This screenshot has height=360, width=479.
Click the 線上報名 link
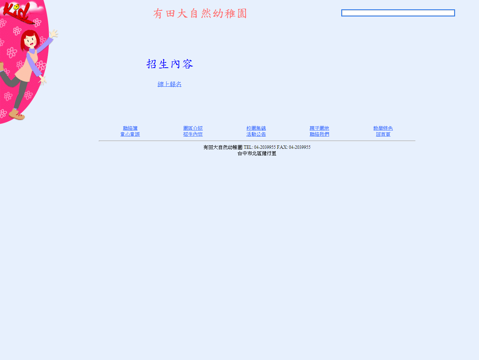pos(170,84)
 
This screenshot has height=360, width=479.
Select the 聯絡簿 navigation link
pos(130,128)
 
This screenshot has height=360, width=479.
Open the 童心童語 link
pos(130,134)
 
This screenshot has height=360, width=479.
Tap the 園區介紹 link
pos(193,128)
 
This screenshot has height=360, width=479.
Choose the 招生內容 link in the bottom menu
pos(193,134)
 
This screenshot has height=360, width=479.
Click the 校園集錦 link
pos(256,128)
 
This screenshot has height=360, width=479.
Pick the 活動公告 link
pos(256,134)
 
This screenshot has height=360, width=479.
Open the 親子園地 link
pos(319,128)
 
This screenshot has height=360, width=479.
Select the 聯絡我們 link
pos(319,134)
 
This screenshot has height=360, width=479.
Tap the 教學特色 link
pos(383,128)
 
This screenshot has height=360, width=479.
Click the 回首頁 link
pos(383,134)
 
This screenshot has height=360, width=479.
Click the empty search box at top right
pos(398,13)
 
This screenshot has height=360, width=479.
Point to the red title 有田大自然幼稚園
pos(200,13)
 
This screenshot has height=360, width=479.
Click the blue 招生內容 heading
pos(170,64)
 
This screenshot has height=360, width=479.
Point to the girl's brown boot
pos(16,114)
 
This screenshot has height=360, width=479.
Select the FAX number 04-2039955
pos(299,147)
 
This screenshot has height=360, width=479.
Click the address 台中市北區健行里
pos(257,153)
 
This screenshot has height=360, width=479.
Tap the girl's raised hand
pos(54,34)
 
